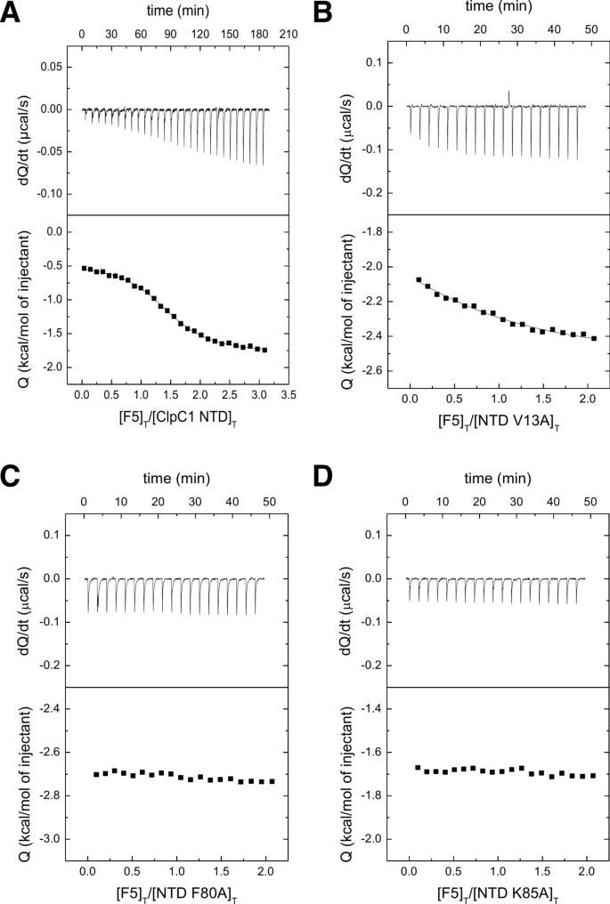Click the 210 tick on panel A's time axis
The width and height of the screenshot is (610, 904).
286,33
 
